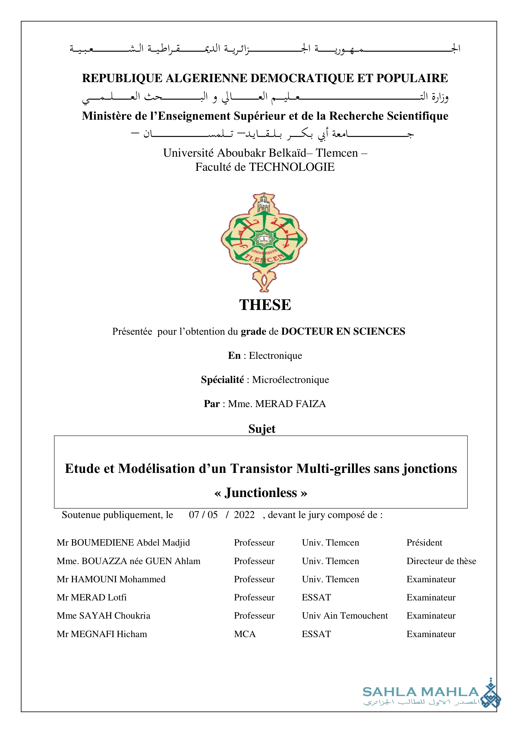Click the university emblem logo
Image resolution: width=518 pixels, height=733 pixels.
coord(264,242)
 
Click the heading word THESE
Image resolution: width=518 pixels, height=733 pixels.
coord(265,305)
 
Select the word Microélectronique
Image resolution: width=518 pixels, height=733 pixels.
coord(290,380)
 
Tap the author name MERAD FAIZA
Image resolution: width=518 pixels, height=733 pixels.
coord(290,404)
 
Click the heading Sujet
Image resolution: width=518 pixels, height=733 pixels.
coord(262,429)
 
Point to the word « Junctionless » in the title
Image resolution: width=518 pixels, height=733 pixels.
coord(261,493)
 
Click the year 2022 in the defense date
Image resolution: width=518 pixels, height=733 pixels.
coord(244,515)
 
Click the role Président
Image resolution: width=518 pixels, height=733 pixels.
coord(424,542)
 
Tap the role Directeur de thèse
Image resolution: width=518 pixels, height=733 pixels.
coord(441,561)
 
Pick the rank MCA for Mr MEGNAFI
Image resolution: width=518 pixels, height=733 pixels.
coord(245,634)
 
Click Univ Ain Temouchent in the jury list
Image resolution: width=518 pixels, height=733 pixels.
coord(344,615)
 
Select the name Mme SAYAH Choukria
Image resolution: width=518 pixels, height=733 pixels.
coord(103,615)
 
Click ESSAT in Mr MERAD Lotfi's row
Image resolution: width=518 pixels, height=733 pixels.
coord(316,597)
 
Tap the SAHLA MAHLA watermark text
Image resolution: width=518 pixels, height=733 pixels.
coord(420,692)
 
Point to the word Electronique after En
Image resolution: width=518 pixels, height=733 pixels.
coord(275,355)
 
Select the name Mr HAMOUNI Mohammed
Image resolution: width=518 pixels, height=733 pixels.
coord(111,579)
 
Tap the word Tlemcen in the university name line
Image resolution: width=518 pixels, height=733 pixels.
coord(337,153)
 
